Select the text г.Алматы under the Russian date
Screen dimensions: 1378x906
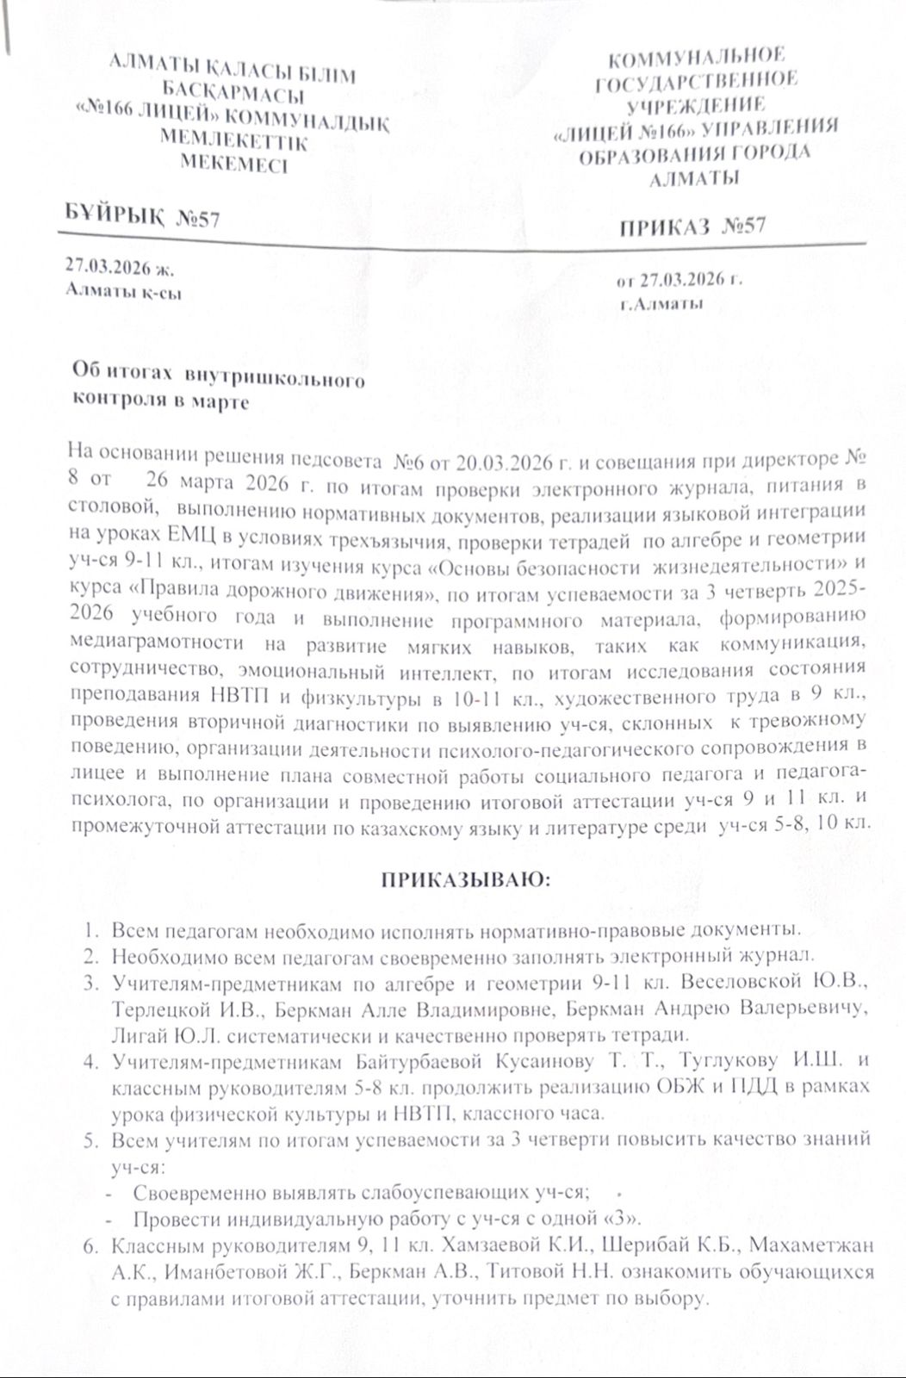660,303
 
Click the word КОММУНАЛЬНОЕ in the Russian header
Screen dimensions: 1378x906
697,59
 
